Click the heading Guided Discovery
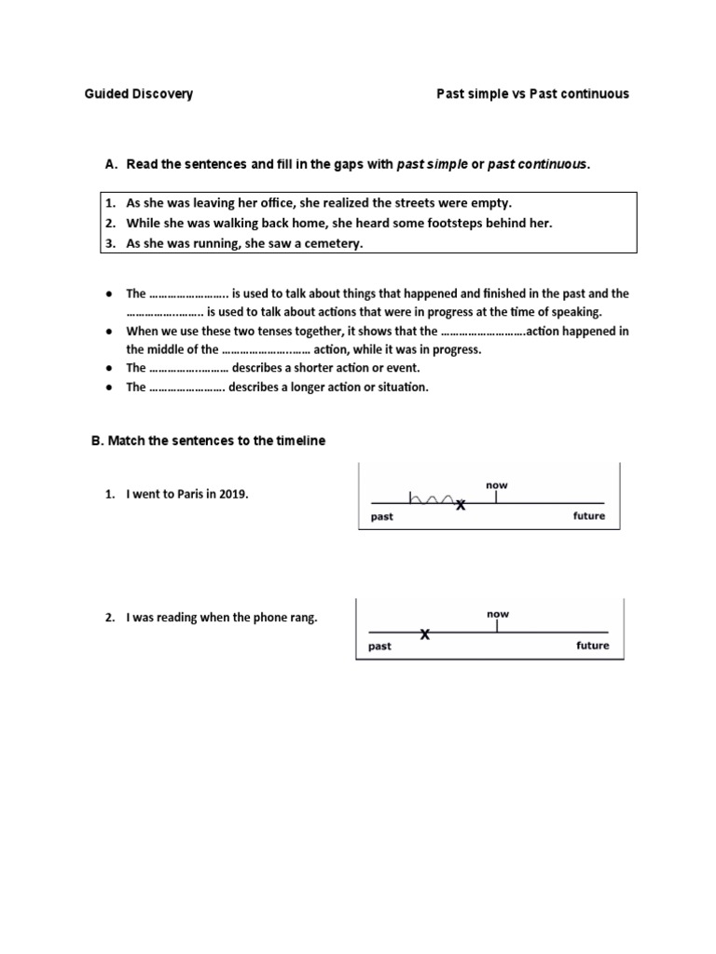coord(139,94)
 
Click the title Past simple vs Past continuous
coord(532,94)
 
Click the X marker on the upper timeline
coord(460,505)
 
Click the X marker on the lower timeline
coord(425,634)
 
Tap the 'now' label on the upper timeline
coord(496,485)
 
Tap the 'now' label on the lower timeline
coord(498,614)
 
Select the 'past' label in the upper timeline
coord(382,517)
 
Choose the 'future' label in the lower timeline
coord(592,646)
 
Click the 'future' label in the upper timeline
coord(588,516)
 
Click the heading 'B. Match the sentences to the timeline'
coord(208,441)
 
